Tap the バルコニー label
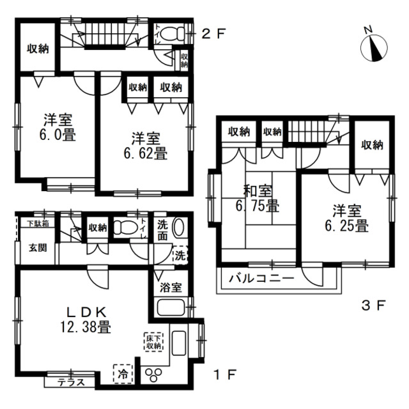[260, 279]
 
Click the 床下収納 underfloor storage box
[154, 341]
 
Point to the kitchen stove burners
[155, 374]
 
